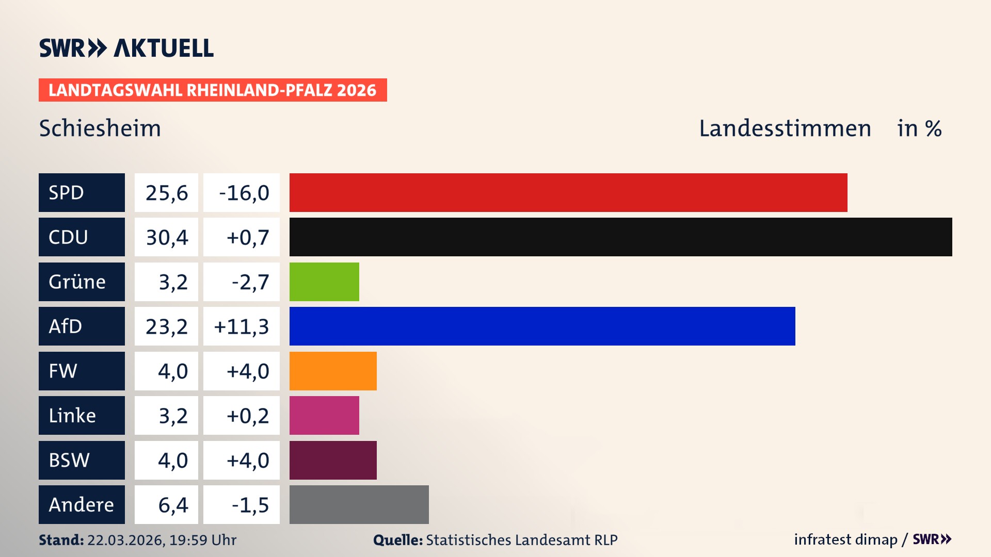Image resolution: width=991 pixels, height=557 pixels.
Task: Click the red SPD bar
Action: pos(568,192)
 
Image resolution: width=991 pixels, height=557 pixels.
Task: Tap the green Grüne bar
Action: pos(324,282)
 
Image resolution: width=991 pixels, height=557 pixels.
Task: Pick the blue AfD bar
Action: pos(542,326)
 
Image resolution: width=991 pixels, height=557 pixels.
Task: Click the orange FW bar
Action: pos(333,371)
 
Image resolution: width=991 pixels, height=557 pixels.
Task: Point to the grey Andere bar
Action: pos(359,504)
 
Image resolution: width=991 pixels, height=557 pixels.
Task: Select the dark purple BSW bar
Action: pos(333,460)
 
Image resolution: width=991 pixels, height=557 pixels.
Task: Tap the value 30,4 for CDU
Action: pos(167,237)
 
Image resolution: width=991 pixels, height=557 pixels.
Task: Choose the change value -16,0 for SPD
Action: pos(243,193)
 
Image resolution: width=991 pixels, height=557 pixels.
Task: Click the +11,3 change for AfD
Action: pos(241,326)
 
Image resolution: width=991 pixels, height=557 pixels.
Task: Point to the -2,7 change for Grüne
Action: pos(250,282)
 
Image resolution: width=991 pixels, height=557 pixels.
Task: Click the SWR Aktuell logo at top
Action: pos(126,48)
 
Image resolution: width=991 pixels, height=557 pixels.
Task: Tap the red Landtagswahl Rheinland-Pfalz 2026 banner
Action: pos(213,90)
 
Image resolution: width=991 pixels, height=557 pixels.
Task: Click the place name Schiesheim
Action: pos(100,128)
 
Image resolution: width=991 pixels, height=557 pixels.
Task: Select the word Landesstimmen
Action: pos(785,128)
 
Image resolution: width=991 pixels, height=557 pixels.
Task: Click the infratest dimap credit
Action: pos(845,539)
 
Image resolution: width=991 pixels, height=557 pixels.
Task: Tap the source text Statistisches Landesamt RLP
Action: pos(521,540)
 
